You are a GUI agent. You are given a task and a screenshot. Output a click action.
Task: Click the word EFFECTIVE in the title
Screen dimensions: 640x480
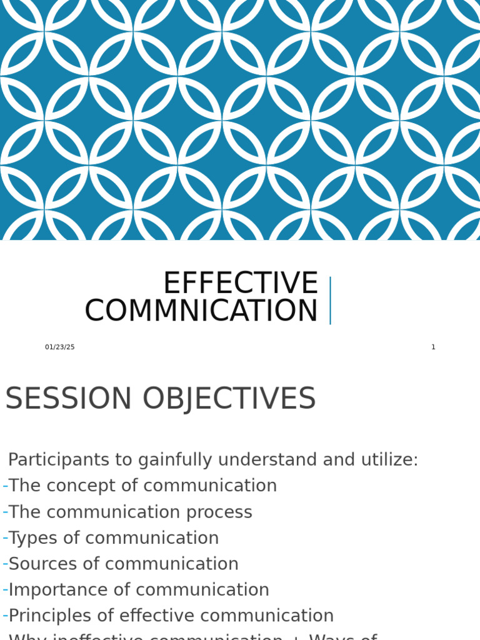pyautogui.click(x=241, y=283)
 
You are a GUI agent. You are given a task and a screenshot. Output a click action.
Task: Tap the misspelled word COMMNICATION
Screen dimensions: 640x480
pyautogui.click(x=201, y=311)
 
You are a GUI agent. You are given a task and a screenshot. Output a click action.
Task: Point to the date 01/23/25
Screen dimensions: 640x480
pyautogui.click(x=59, y=347)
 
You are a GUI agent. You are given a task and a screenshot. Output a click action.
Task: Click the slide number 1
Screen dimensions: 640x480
pyautogui.click(x=433, y=347)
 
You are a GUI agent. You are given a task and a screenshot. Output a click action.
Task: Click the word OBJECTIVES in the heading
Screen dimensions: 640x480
pyautogui.click(x=229, y=399)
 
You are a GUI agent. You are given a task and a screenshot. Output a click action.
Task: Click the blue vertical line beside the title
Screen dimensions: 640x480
pyautogui.click(x=330, y=301)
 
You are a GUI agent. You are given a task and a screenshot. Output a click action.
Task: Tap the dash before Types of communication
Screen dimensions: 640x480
pyautogui.click(x=5, y=538)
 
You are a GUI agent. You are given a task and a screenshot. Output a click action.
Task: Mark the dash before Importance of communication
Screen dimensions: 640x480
pyautogui.click(x=5, y=590)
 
